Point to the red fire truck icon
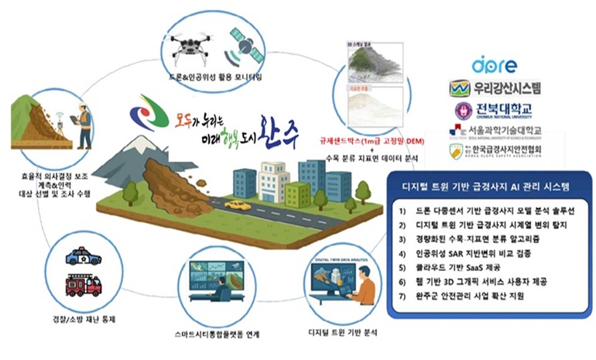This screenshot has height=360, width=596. click(x=84, y=284)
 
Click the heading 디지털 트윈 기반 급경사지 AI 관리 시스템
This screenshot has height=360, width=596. click(x=490, y=187)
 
